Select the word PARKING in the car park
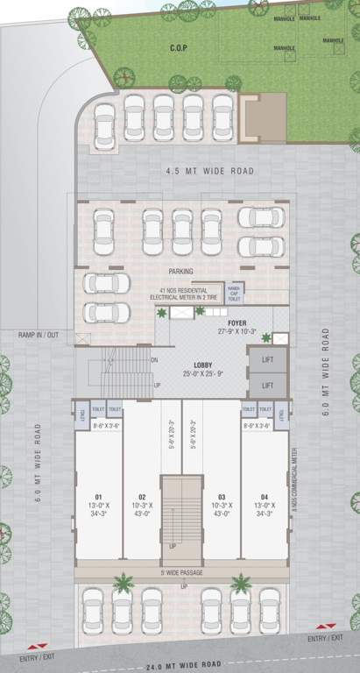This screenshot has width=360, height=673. point(180,272)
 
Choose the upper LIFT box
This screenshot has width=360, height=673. point(268,358)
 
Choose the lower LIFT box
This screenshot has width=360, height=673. point(268,385)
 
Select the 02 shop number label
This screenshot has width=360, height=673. point(141,496)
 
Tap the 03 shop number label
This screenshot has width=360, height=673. point(222,496)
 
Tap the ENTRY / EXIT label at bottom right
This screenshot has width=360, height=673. point(325,638)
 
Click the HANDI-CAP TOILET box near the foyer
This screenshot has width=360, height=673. point(234,293)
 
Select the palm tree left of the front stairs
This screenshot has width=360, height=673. point(124,583)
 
